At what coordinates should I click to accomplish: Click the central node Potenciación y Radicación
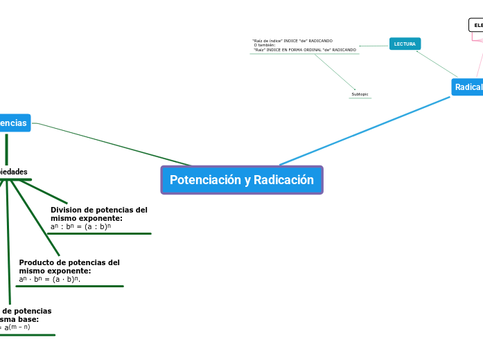(x=242, y=180)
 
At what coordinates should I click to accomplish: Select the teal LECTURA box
(x=405, y=44)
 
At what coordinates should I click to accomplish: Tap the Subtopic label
(x=360, y=94)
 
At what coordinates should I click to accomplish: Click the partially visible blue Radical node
(x=467, y=87)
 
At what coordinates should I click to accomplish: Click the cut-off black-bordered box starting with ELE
(x=477, y=25)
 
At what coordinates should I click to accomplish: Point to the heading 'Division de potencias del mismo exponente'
(x=98, y=213)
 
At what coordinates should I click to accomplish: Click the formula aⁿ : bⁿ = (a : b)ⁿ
(x=80, y=226)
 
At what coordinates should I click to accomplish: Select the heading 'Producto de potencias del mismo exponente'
(x=69, y=267)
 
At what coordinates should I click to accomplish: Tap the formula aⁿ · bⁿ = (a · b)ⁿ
(x=50, y=280)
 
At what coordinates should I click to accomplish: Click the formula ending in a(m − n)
(x=17, y=327)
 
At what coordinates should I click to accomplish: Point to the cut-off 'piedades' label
(x=14, y=172)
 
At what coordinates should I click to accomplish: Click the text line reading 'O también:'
(x=265, y=45)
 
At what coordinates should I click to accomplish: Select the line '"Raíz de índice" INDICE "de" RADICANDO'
(x=292, y=41)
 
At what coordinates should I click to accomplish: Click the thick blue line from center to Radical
(x=364, y=131)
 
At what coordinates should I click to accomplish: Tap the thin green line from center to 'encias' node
(x=111, y=144)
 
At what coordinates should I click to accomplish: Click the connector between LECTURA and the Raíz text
(x=374, y=46)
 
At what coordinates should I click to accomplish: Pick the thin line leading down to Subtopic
(x=335, y=72)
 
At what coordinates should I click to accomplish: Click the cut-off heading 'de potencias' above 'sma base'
(x=28, y=311)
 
